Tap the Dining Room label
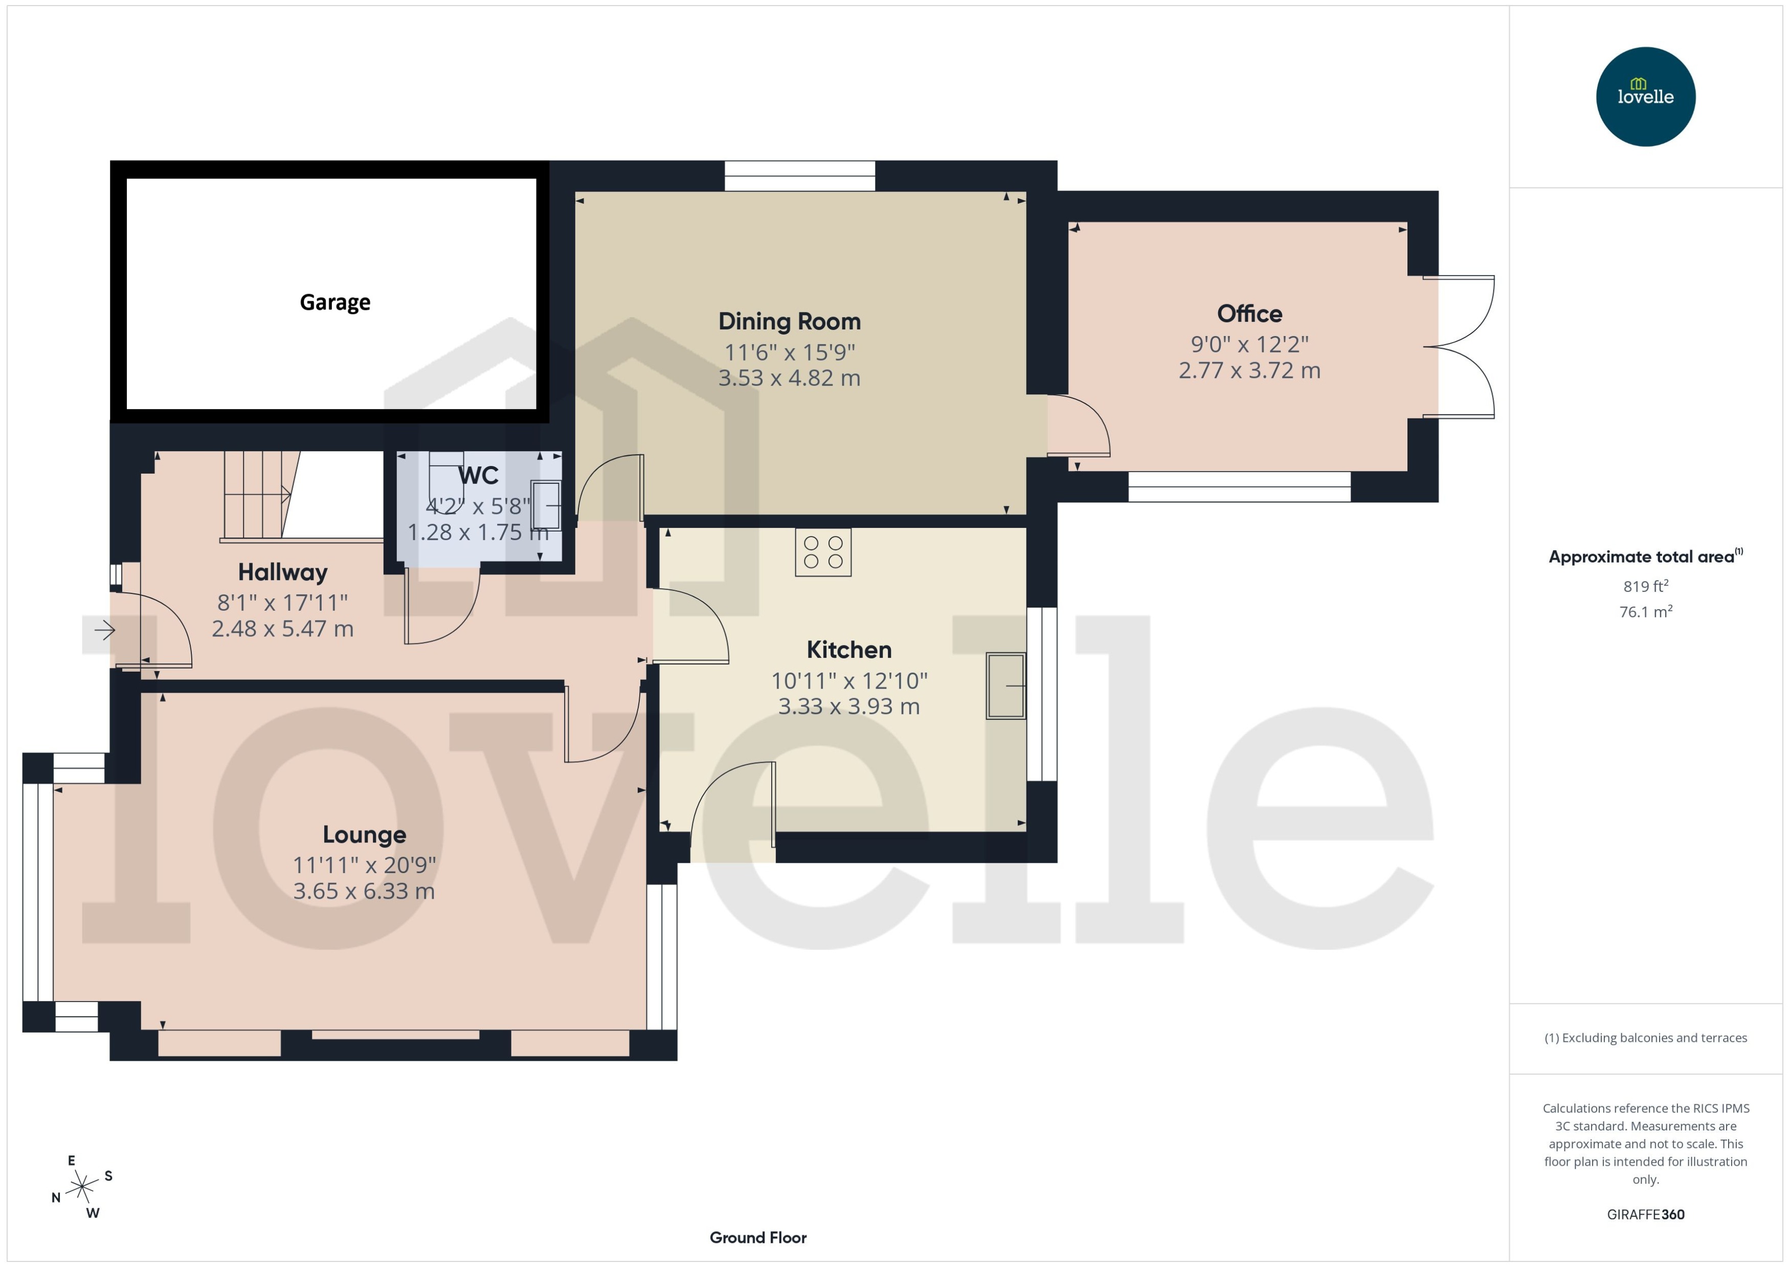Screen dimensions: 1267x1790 (789, 321)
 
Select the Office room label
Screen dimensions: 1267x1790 (1249, 314)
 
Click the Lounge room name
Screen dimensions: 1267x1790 (364, 835)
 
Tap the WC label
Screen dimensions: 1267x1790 (478, 475)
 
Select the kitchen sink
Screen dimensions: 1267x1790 (1005, 685)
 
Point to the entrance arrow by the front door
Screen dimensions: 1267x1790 (104, 630)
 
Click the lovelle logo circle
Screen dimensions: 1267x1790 (1645, 97)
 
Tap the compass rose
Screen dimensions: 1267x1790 (82, 1187)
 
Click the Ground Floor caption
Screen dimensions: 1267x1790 (757, 1237)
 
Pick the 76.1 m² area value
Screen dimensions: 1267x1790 (1645, 612)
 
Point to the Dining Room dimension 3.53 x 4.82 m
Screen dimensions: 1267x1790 (789, 379)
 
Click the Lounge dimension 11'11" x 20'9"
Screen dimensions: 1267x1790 (364, 865)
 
